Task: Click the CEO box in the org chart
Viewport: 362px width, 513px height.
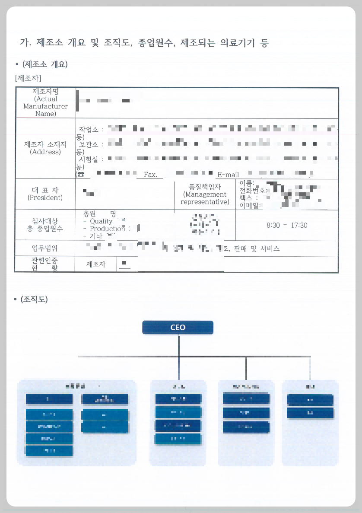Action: click(x=178, y=327)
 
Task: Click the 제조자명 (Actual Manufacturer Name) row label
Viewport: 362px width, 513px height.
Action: click(x=46, y=102)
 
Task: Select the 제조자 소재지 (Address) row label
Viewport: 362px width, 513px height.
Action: click(x=45, y=148)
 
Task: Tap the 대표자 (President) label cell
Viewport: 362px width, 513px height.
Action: click(x=45, y=194)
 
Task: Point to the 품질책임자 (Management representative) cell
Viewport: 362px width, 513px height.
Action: click(x=205, y=194)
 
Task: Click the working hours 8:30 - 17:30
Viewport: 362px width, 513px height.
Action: click(x=287, y=225)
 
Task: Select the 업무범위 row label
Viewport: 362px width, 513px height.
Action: click(x=45, y=249)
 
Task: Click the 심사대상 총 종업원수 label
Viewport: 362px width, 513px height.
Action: click(x=45, y=225)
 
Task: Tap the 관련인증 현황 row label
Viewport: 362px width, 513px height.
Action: click(x=45, y=264)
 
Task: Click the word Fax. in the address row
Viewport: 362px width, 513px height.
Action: click(x=150, y=175)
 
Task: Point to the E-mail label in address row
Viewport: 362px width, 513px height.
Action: click(x=228, y=175)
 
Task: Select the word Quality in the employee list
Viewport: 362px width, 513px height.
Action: click(x=101, y=221)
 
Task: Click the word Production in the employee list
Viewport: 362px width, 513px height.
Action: click(x=107, y=229)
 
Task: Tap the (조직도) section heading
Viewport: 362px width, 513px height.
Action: click(x=34, y=299)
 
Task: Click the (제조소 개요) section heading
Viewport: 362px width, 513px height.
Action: click(x=44, y=64)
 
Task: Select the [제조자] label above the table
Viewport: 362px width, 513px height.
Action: click(x=28, y=78)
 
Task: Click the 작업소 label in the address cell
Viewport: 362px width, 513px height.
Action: click(x=89, y=129)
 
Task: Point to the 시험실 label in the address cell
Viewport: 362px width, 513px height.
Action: click(x=89, y=159)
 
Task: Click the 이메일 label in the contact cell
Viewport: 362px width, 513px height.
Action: click(x=250, y=206)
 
